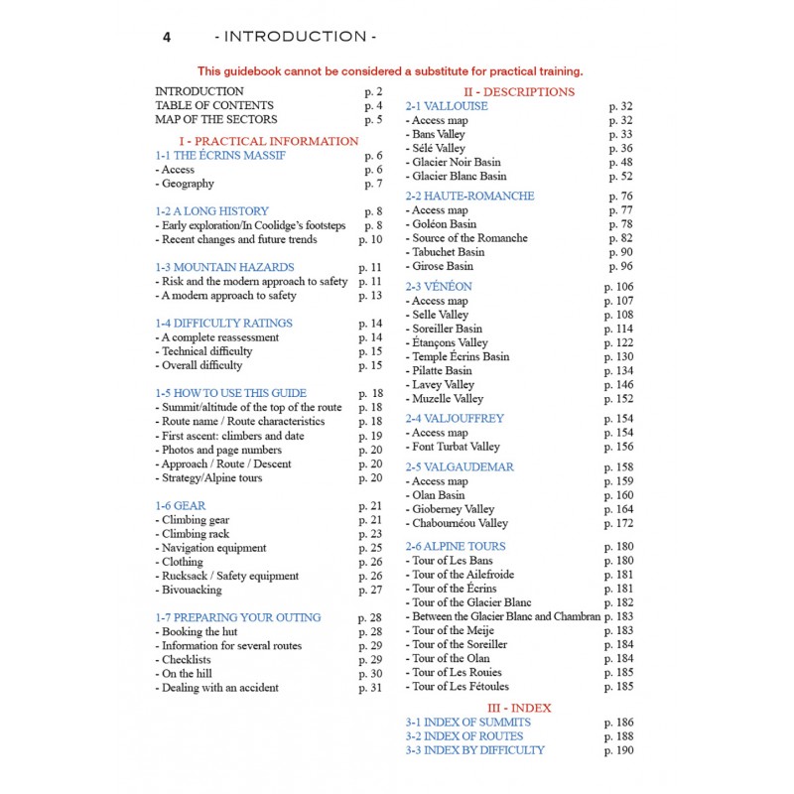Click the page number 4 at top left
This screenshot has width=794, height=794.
coord(168,37)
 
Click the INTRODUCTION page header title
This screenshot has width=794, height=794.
coord(296,37)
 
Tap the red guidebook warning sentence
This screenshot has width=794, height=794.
coord(390,71)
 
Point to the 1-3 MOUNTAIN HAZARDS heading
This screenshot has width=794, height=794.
coord(224,268)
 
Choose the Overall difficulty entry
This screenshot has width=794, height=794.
coord(201,365)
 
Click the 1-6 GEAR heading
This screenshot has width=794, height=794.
coord(180,506)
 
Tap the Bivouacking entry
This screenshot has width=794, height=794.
coord(192,590)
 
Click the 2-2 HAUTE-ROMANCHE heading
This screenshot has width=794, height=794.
coord(469,197)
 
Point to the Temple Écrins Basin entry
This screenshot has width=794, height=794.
coord(459,356)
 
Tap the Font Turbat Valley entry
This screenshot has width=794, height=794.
coord(456,447)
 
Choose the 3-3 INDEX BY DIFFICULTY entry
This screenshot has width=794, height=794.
coord(474,750)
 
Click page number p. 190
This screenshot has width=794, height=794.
coord(618,750)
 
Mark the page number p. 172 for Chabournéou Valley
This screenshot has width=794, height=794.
coord(618,523)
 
